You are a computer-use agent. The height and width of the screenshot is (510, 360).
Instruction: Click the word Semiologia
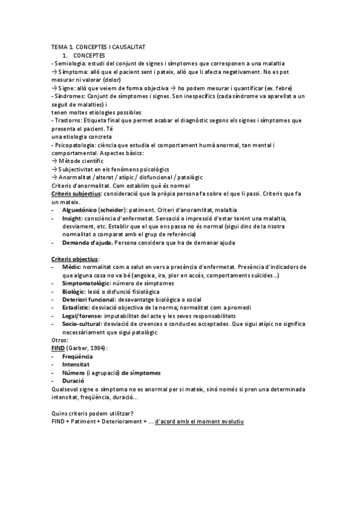pos(69,63)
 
